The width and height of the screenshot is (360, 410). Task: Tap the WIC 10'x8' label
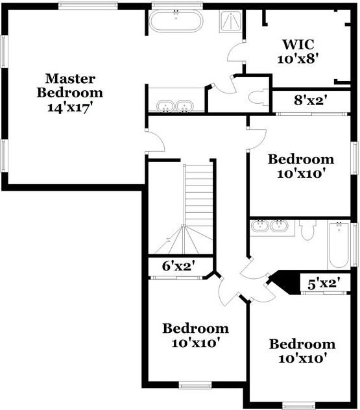pos(298,51)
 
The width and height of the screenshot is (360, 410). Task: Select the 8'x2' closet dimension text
pos(310,101)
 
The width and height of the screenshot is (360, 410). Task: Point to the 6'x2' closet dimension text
pos(177,266)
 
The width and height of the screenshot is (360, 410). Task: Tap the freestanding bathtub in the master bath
pos(176,21)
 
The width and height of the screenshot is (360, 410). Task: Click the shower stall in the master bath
pos(229,21)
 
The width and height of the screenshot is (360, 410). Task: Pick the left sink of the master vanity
pos(165,106)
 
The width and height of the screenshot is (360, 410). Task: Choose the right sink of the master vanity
pos(186,106)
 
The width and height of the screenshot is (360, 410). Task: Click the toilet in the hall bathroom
pos(307,231)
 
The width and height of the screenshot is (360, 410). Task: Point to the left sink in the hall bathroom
pos(259,226)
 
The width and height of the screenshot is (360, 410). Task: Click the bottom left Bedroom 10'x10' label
pos(195,335)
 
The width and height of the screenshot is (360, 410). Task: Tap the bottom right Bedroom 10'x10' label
pos(302,350)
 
